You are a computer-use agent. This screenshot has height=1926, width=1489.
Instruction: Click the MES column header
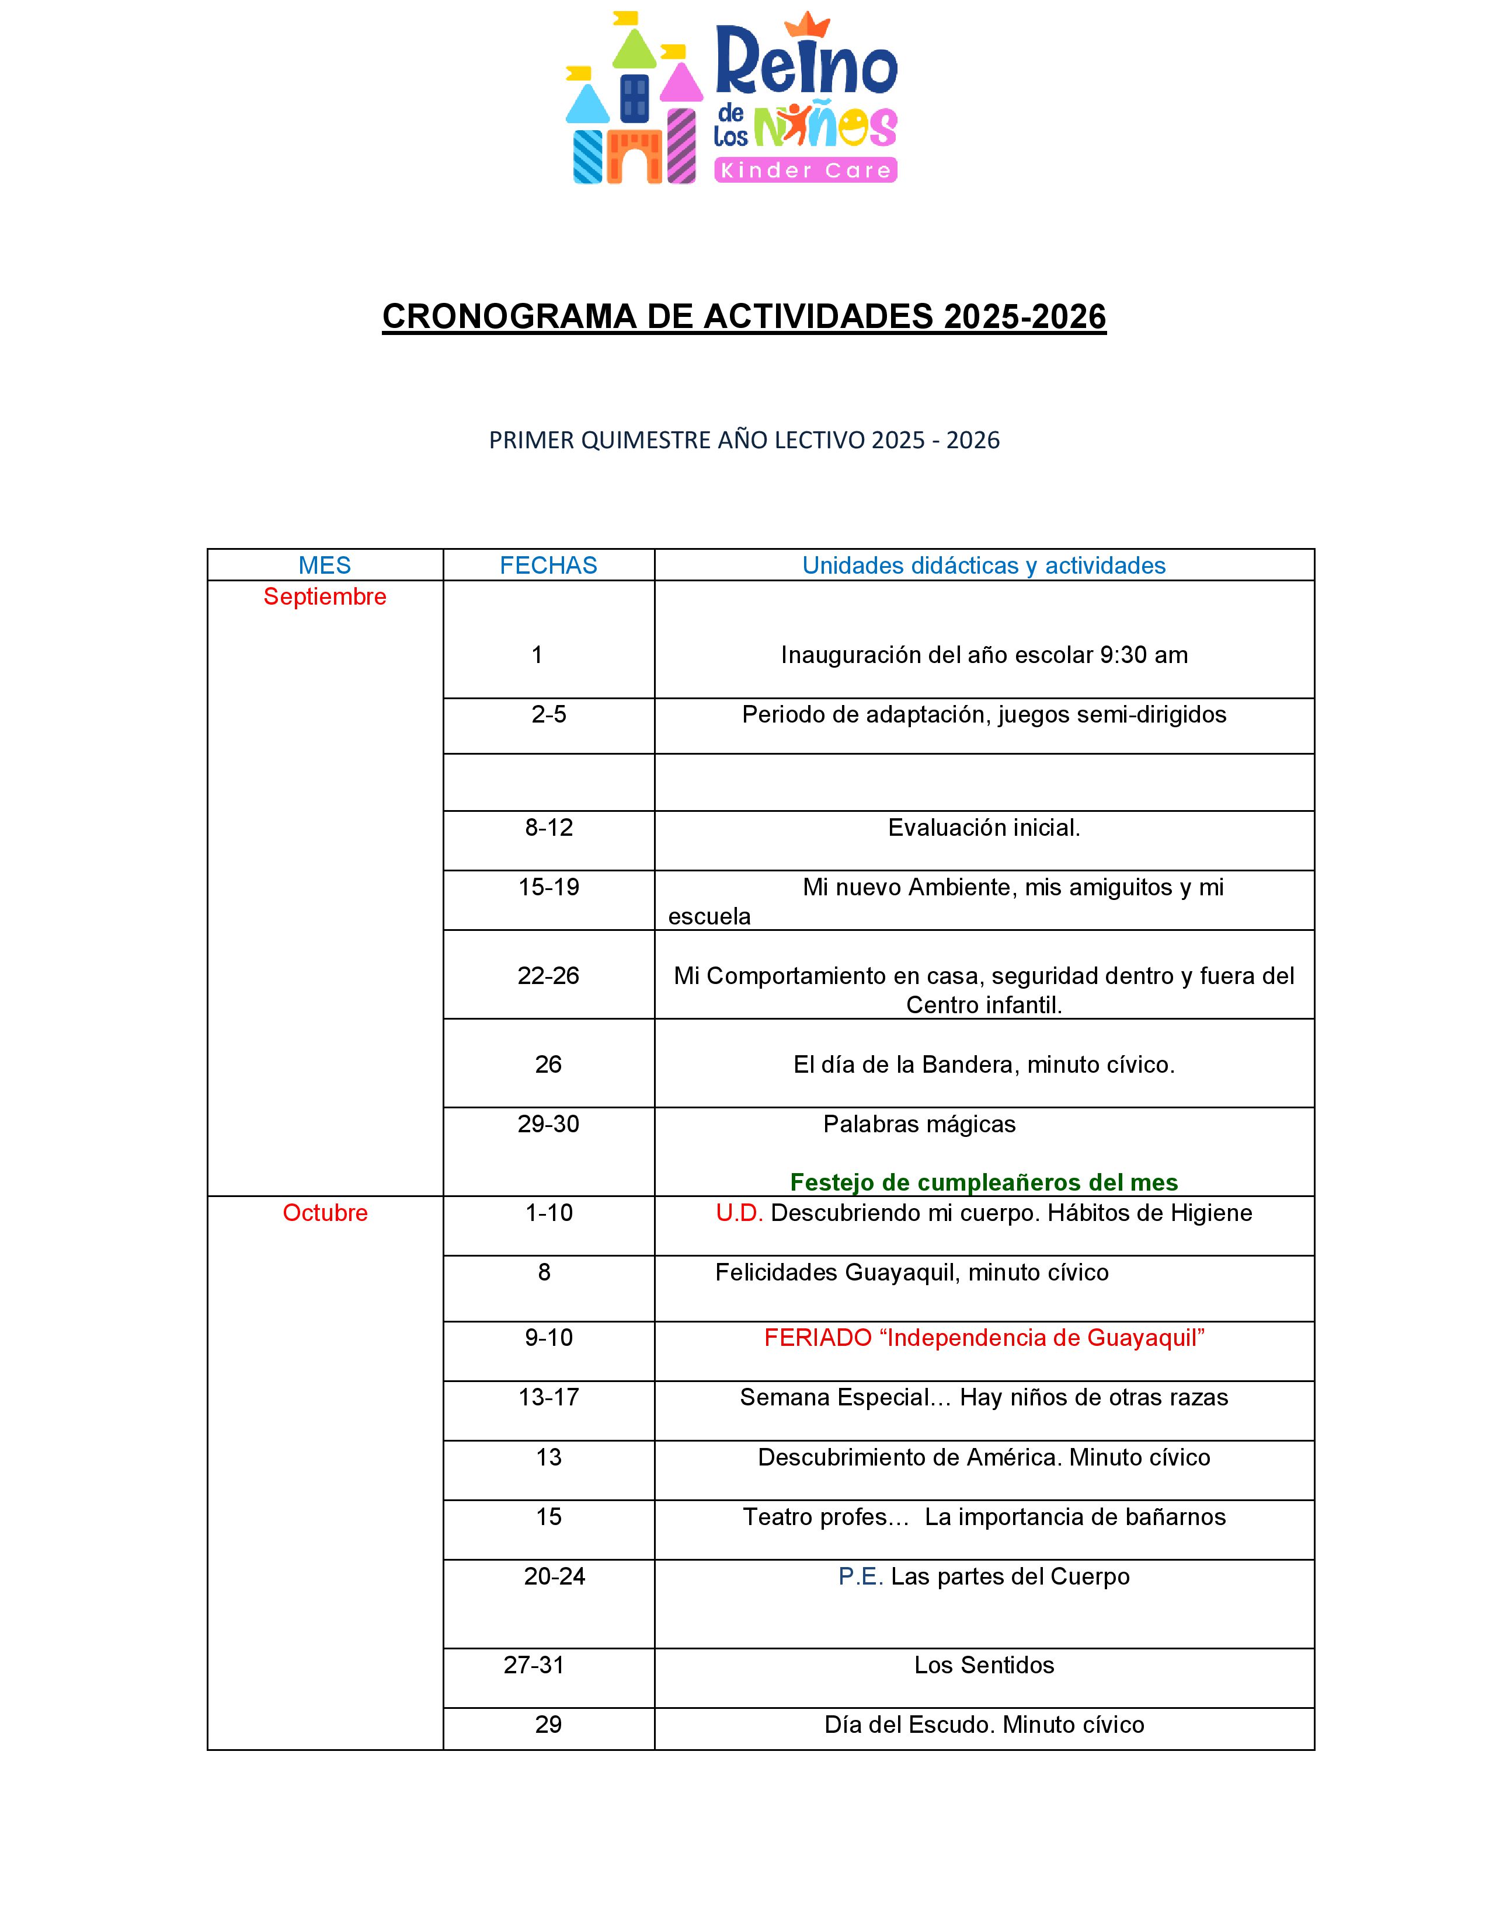[325, 566]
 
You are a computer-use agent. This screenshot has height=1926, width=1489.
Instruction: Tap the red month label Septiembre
[325, 597]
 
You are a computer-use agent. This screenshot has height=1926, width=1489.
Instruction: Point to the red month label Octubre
[325, 1213]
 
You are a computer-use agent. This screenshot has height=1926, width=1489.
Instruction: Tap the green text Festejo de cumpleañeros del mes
[983, 1182]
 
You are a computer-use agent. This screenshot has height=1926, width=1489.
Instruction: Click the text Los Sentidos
[983, 1665]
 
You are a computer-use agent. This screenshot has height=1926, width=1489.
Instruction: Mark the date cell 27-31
[534, 1665]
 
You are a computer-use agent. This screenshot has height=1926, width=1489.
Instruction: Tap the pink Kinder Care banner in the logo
[805, 170]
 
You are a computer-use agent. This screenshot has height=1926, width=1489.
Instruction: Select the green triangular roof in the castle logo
[634, 51]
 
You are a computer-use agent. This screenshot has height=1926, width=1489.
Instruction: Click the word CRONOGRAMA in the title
[509, 316]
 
